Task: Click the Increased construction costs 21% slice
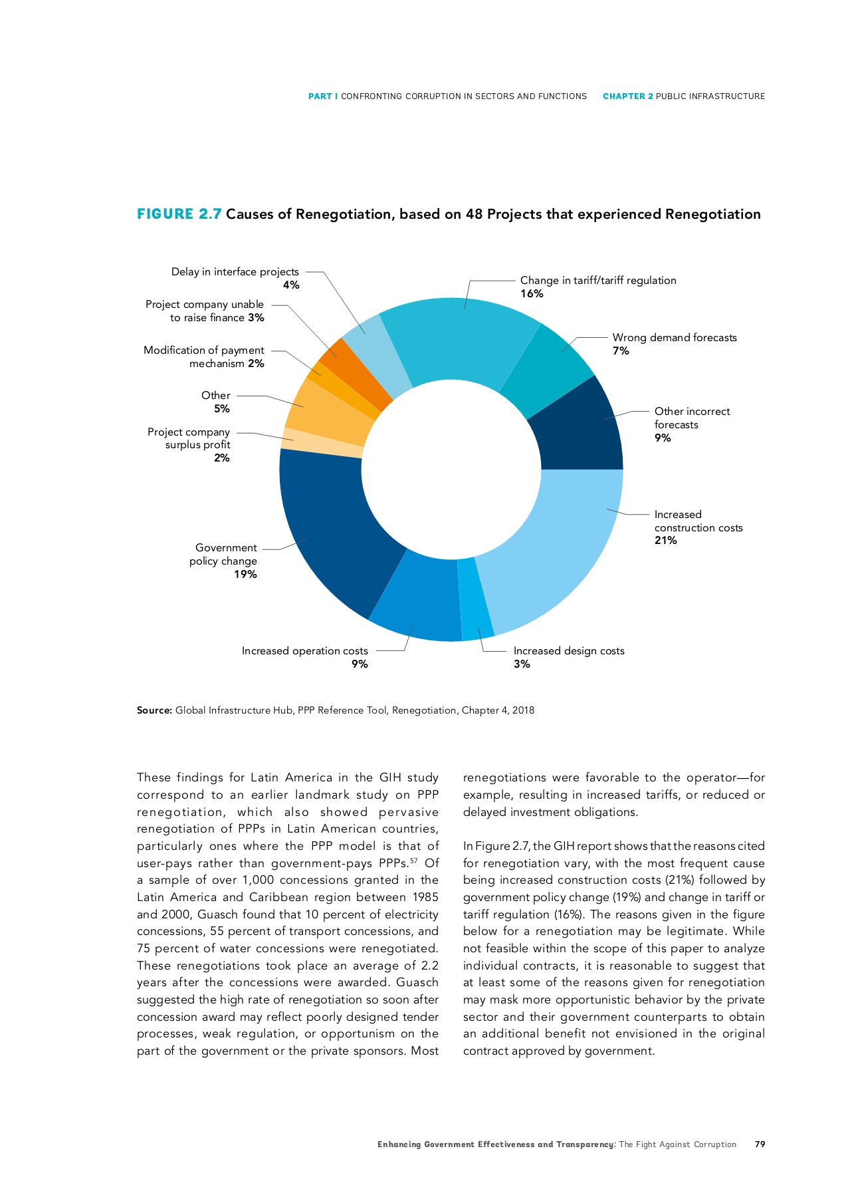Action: [x=565, y=545]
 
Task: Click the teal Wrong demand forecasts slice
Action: [x=548, y=369]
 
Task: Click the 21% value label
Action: [x=665, y=541]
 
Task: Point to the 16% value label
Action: [x=532, y=294]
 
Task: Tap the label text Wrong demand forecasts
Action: [x=674, y=338]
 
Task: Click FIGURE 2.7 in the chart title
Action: [x=179, y=214]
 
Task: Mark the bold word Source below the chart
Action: [x=154, y=710]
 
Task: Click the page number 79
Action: [x=760, y=1144]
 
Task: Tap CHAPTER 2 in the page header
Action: [x=627, y=96]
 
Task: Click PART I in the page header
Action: [x=323, y=96]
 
